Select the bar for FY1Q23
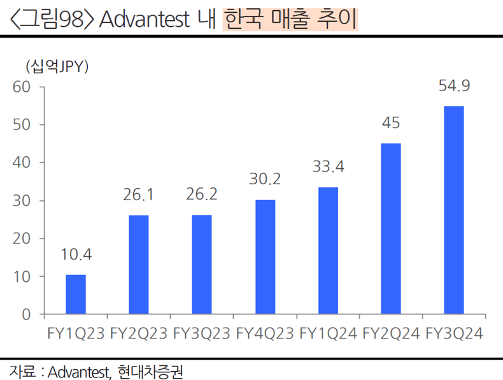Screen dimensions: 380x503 pyautogui.click(x=76, y=295)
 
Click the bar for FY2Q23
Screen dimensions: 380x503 pyautogui.click(x=139, y=265)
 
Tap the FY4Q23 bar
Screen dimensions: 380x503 pyautogui.click(x=265, y=257)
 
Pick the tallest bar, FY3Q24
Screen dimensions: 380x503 pyautogui.click(x=454, y=210)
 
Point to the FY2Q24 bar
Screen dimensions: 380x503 pyautogui.click(x=391, y=229)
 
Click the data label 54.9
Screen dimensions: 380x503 pyautogui.click(x=454, y=86)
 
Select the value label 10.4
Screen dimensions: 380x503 pyautogui.click(x=76, y=255)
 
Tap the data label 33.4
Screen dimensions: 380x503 pyautogui.click(x=328, y=168)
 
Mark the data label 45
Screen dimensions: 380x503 pyautogui.click(x=391, y=124)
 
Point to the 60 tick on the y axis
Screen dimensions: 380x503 pyautogui.click(x=22, y=87)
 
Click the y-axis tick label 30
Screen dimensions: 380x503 pyautogui.click(x=22, y=201)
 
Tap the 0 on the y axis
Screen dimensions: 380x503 pyautogui.click(x=26, y=314)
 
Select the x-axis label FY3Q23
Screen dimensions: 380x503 pyautogui.click(x=202, y=333)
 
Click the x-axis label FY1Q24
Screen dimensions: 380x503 pyautogui.click(x=328, y=333)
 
